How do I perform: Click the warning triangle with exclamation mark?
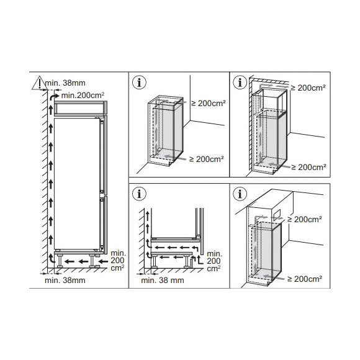(x=40, y=83)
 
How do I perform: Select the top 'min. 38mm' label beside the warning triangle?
(x=65, y=83)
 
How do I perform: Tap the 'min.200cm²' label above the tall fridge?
(x=83, y=96)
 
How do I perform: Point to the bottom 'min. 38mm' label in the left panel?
(x=65, y=281)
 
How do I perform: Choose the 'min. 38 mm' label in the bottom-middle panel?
(x=163, y=281)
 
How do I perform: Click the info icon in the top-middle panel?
(x=139, y=83)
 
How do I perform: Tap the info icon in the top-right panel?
(x=240, y=83)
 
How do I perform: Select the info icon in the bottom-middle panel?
(x=139, y=194)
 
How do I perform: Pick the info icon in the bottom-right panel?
(x=240, y=194)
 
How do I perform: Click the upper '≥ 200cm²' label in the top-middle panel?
(x=209, y=104)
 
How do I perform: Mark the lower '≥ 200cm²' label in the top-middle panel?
(x=207, y=159)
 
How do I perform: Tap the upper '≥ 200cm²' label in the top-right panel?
(x=308, y=88)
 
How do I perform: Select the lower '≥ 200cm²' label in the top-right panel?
(x=309, y=168)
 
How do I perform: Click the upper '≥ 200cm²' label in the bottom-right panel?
(x=305, y=220)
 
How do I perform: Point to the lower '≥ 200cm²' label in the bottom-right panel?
(x=305, y=279)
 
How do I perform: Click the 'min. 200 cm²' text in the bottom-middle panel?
(x=214, y=261)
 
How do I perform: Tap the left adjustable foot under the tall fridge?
(x=60, y=261)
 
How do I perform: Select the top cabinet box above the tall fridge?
(x=79, y=108)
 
